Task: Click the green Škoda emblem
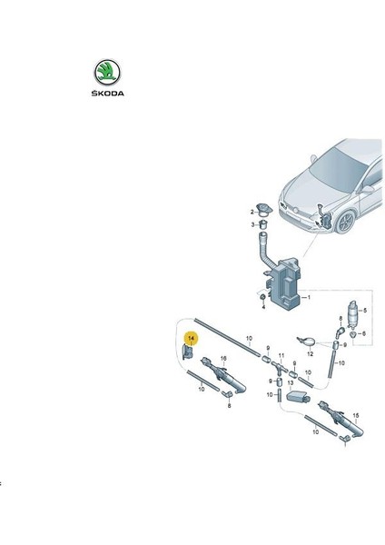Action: point(107,73)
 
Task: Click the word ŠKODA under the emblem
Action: point(107,94)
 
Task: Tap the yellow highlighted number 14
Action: point(192,338)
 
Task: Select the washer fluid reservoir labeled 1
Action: point(285,282)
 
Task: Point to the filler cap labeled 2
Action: point(263,209)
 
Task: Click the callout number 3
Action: point(253,225)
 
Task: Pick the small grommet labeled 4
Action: point(263,298)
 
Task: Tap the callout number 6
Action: point(364,333)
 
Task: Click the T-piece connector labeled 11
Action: point(280,367)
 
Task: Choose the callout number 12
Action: point(311,354)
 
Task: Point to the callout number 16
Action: point(223,359)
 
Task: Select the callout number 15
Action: point(355,415)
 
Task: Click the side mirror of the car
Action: point(367,189)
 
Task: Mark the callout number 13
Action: point(291,382)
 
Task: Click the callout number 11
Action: point(281,355)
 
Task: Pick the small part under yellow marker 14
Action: point(187,352)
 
